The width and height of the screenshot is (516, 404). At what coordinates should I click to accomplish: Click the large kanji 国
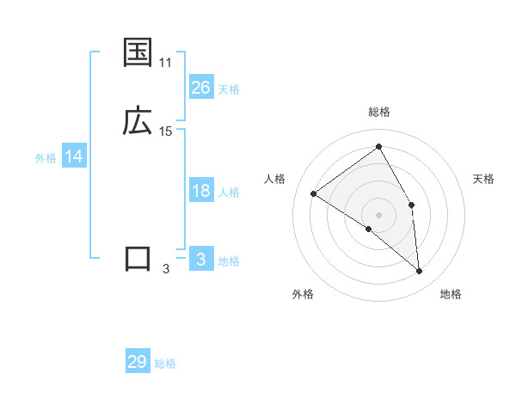tap(138, 53)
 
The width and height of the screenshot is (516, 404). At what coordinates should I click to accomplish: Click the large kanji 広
tap(138, 121)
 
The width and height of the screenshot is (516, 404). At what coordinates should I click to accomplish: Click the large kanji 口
tap(138, 259)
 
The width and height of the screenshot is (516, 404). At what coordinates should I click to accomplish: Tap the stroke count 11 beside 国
tap(165, 63)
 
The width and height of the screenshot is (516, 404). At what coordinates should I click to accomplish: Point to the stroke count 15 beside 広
tap(165, 132)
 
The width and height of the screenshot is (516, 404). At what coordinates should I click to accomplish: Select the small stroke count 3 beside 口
tap(165, 269)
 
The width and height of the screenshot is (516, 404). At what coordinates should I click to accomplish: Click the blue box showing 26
tap(201, 88)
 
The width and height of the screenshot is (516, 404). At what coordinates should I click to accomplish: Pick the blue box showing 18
tap(201, 191)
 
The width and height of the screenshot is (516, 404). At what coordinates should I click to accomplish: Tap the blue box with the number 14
tap(74, 157)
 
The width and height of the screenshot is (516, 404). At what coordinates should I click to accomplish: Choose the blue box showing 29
tap(138, 362)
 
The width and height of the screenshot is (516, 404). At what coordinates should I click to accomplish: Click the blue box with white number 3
tap(201, 260)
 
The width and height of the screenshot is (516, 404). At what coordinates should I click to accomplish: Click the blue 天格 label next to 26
tap(229, 89)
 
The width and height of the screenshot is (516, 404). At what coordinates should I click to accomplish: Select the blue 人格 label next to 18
tap(229, 193)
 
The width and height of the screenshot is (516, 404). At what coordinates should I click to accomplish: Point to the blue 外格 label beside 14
tap(46, 158)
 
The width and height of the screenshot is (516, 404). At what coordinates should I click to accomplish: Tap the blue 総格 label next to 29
tap(165, 364)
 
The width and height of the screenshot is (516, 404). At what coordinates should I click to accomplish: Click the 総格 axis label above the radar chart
tap(379, 112)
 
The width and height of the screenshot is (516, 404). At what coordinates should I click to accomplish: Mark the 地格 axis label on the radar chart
tap(451, 295)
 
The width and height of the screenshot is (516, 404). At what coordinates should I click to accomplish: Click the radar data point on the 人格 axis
tap(314, 193)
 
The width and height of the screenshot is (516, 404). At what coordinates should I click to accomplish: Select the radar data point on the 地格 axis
tap(419, 272)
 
